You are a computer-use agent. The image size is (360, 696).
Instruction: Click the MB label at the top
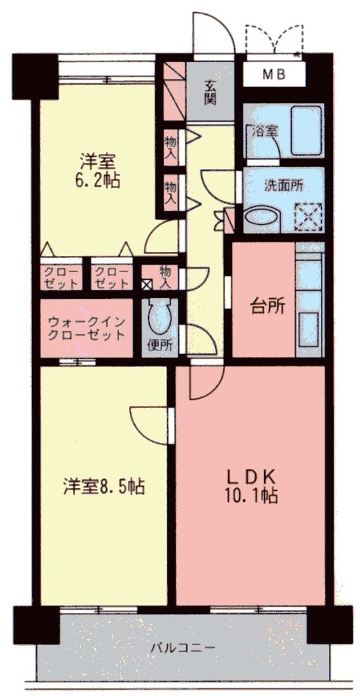[273, 75]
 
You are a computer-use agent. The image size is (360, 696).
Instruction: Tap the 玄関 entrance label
[212, 91]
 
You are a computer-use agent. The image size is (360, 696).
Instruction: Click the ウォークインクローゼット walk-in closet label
[86, 328]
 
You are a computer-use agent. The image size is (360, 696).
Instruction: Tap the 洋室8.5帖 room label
[103, 486]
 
